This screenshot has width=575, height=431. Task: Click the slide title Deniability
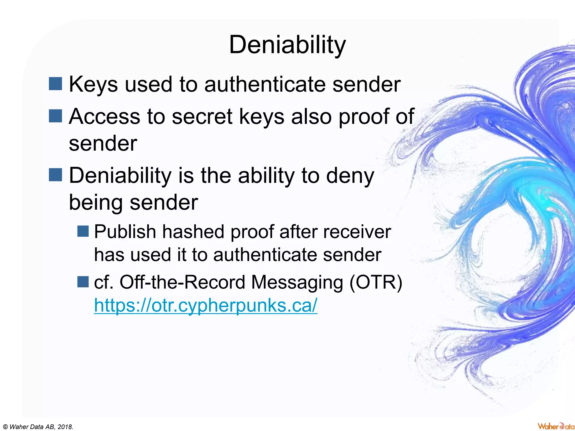click(287, 45)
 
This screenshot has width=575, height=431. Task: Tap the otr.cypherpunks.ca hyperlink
click(206, 305)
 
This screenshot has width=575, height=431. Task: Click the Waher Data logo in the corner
click(556, 426)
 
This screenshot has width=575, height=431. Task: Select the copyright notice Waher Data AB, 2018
click(37, 427)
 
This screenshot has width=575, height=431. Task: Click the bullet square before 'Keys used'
click(55, 84)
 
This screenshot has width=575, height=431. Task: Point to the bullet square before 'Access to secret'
click(55, 116)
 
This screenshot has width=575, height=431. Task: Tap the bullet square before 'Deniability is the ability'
click(55, 175)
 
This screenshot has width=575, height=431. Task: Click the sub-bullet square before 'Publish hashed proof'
click(83, 231)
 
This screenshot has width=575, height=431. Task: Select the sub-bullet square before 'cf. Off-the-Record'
click(83, 281)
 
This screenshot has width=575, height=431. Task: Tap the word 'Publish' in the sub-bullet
click(125, 232)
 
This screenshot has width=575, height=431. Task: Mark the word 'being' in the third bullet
click(95, 203)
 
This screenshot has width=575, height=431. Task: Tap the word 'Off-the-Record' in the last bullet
click(182, 282)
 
